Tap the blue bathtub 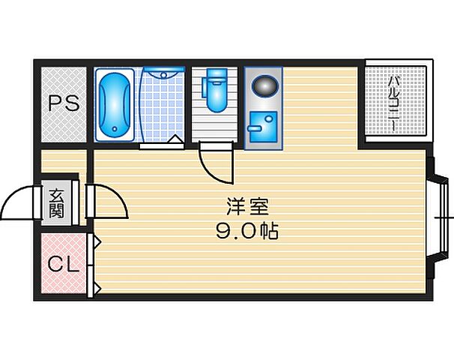[115, 104]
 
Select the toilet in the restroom [217, 94]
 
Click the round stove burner [264, 85]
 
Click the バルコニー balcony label [394, 103]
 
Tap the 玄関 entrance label [57, 203]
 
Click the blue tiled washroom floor [161, 112]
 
